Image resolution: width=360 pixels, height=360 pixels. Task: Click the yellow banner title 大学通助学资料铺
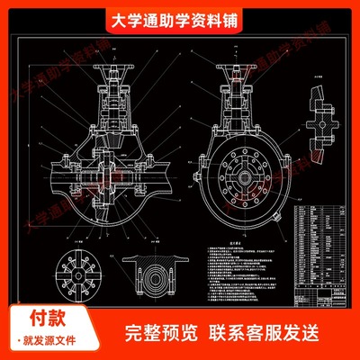click(179, 20)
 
